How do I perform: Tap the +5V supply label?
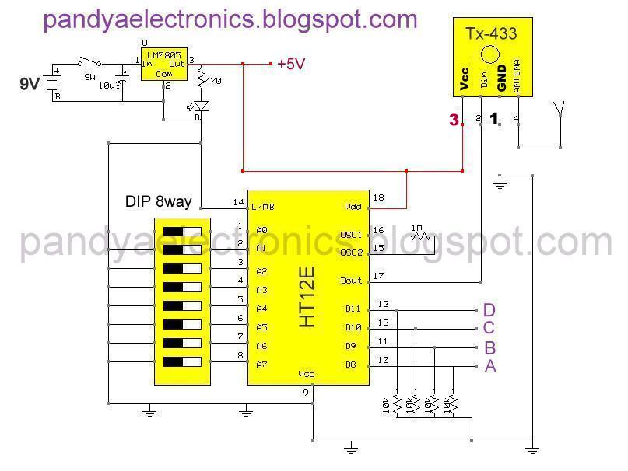tap(291, 65)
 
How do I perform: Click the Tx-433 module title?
tap(490, 33)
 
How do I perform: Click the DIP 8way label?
tap(158, 201)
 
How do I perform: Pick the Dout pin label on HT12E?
tap(351, 281)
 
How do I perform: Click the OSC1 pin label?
tap(351, 233)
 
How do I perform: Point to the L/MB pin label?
tap(261, 207)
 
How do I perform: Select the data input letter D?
tap(489, 310)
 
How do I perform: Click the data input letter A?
tap(490, 366)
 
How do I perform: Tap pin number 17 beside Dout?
tap(380, 275)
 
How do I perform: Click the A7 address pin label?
tap(261, 365)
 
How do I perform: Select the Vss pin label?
tap(307, 374)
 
